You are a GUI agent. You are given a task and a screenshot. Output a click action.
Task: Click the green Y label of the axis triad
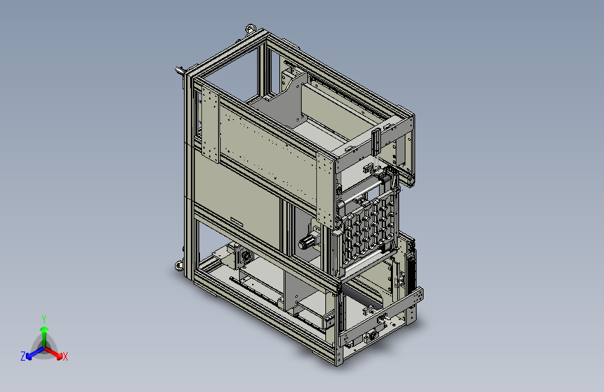point(44,319)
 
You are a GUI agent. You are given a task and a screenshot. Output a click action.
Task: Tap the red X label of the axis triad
point(65,356)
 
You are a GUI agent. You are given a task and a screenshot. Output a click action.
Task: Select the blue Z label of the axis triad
point(23,356)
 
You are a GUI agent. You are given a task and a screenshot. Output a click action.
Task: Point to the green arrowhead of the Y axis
point(45,329)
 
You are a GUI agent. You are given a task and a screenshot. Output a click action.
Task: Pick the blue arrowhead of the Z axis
point(29,356)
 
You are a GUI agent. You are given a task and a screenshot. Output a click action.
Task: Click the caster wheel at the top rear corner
point(251,28)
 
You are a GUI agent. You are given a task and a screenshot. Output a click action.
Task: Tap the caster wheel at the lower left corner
point(179,265)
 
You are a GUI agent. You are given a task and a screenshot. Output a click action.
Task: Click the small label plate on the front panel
point(237,221)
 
